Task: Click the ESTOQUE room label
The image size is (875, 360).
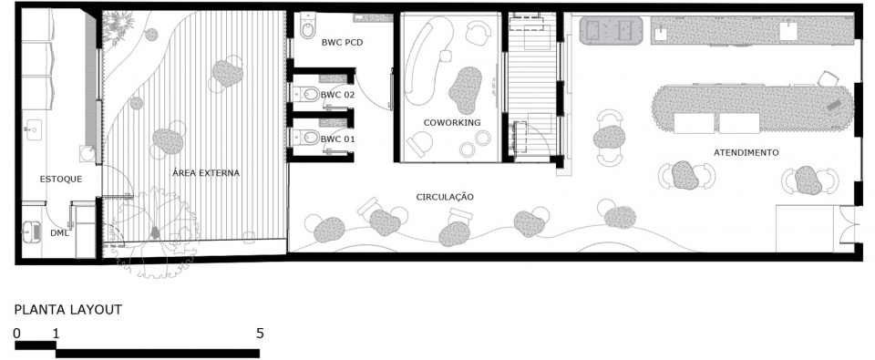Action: click(x=61, y=180)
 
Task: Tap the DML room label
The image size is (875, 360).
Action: click(x=59, y=232)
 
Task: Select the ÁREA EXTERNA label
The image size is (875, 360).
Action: click(x=206, y=173)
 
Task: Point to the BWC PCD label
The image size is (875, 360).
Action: click(x=343, y=42)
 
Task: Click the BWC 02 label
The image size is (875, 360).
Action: click(x=337, y=95)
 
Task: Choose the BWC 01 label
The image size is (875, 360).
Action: click(x=337, y=139)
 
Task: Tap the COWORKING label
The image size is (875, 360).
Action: click(x=451, y=123)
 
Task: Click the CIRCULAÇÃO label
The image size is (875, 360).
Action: click(x=445, y=197)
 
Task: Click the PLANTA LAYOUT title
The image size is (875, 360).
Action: click(x=68, y=310)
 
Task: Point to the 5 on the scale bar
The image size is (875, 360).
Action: click(x=260, y=334)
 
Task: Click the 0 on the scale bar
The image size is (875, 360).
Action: click(x=17, y=334)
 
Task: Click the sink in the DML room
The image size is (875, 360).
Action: click(x=32, y=231)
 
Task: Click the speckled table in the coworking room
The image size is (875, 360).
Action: click(x=465, y=89)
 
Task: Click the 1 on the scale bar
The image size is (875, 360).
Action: click(x=56, y=334)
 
